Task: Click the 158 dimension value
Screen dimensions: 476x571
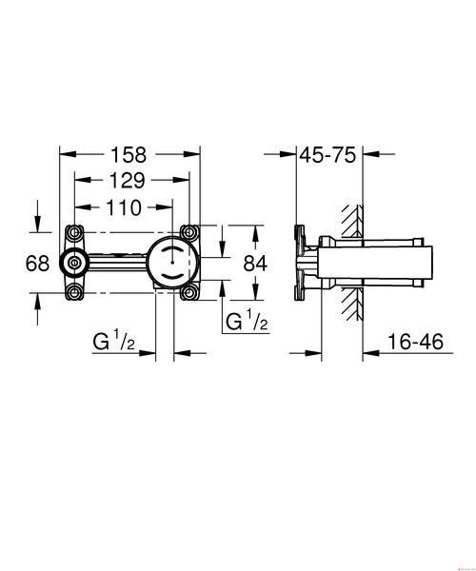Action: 129,154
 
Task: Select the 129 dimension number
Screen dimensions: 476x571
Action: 128,180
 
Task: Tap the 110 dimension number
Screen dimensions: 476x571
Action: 124,207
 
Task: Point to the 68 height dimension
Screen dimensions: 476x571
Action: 37,263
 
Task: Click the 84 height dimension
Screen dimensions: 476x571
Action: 255,264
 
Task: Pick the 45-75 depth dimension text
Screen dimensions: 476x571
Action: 327,155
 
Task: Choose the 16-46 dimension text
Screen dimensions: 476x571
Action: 415,342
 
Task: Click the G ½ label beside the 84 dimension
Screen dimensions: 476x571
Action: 248,320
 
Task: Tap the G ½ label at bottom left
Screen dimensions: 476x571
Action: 113,340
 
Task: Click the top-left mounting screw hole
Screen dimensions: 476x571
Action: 74,232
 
